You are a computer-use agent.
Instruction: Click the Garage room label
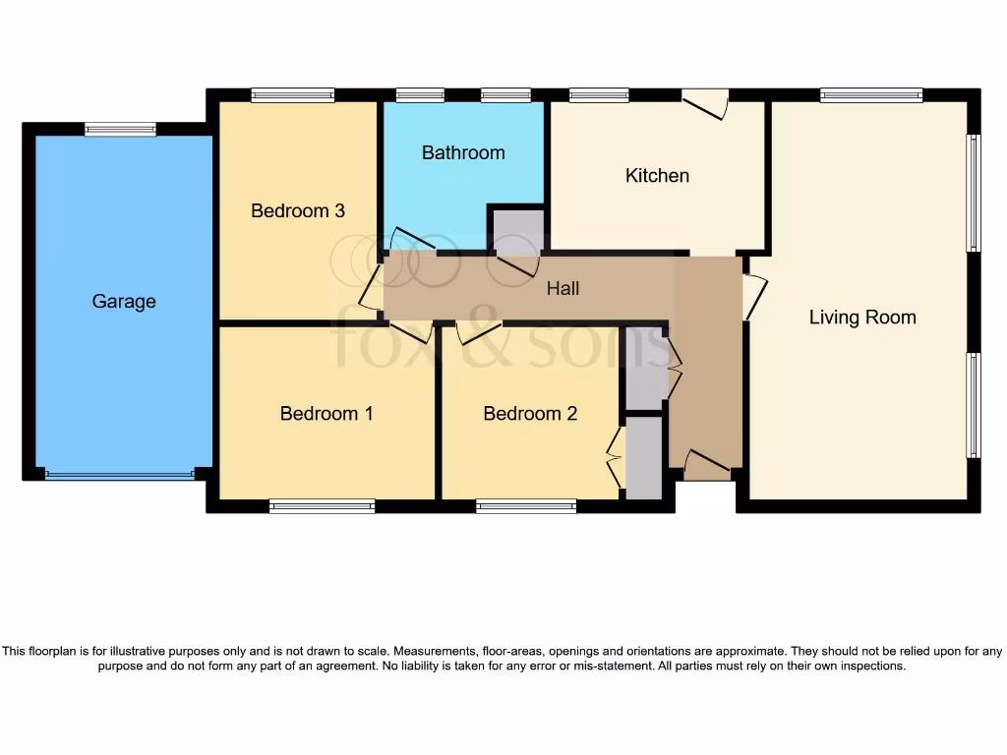[124, 302]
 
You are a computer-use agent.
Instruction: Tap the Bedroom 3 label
[297, 210]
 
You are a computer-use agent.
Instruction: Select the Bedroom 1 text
[326, 413]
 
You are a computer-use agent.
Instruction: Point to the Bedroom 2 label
[530, 413]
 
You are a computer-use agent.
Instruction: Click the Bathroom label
[463, 152]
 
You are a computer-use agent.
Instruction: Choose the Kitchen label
[657, 175]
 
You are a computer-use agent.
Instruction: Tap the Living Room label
[862, 317]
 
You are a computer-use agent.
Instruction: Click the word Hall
[563, 288]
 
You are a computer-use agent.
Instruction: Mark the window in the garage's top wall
[120, 129]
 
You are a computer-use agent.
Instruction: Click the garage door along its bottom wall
[120, 476]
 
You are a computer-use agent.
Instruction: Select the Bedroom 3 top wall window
[292, 95]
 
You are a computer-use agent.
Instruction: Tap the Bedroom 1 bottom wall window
[322, 507]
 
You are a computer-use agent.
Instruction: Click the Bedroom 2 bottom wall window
[526, 507]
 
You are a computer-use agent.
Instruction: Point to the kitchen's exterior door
[706, 102]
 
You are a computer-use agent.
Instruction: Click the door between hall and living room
[752, 295]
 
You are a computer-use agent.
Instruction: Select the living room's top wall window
[871, 95]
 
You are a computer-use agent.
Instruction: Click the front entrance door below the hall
[706, 465]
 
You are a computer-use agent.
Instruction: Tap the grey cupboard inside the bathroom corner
[517, 230]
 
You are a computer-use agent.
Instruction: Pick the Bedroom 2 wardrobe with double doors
[643, 458]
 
